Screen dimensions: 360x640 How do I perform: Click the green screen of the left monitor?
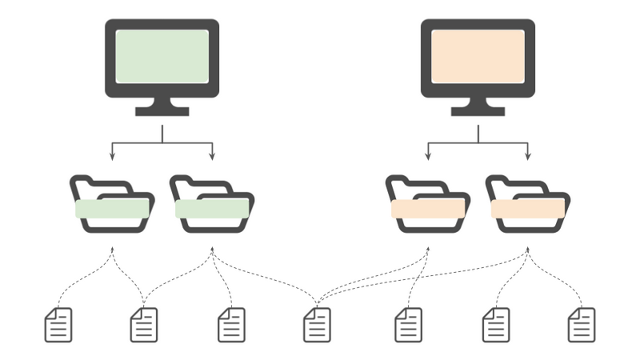(x=162, y=56)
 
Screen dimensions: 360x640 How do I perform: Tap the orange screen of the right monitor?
(x=478, y=56)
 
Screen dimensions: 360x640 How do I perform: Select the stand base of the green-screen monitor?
(x=162, y=110)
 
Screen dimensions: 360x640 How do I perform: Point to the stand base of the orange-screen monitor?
(x=478, y=110)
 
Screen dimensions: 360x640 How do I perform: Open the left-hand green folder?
(x=112, y=206)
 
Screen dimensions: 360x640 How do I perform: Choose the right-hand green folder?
(x=212, y=206)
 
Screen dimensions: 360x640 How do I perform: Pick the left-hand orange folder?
(x=427, y=206)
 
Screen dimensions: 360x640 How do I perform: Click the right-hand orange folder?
(x=528, y=206)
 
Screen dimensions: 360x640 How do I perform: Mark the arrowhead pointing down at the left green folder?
(x=112, y=155)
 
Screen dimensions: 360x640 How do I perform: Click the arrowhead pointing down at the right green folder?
(x=212, y=155)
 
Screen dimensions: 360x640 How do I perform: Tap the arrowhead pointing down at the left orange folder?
(x=428, y=155)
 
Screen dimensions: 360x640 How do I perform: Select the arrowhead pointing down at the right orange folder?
(x=528, y=155)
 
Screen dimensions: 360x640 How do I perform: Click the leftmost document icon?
(x=58, y=325)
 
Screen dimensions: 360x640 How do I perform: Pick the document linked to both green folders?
(x=144, y=325)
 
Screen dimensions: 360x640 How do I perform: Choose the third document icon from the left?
(x=231, y=325)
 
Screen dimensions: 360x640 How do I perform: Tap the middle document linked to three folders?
(x=317, y=325)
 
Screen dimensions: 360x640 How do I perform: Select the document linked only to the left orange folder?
(x=408, y=325)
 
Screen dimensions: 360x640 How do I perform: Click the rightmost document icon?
(x=582, y=325)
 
